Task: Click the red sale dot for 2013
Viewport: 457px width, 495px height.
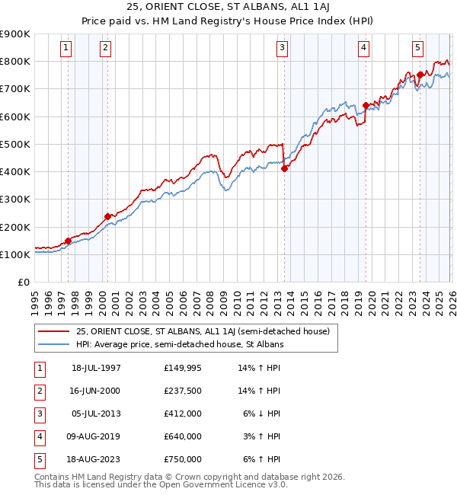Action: [x=284, y=169]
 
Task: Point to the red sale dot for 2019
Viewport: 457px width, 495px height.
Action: [x=366, y=106]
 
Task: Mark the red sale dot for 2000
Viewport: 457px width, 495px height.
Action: [x=107, y=216]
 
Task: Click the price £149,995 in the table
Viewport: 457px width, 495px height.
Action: [x=182, y=368]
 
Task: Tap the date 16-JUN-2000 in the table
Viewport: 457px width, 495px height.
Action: [x=96, y=391]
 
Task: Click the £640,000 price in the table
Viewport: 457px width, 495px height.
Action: [x=182, y=436]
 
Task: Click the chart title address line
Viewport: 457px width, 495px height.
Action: [x=228, y=8]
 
